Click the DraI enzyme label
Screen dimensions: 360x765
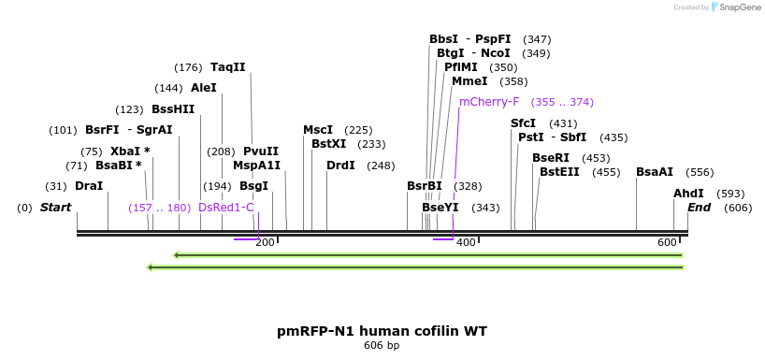coord(89,186)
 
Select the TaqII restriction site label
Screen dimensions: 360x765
coord(228,67)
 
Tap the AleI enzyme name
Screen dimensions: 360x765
coord(204,88)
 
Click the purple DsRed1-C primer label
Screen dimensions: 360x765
coord(225,208)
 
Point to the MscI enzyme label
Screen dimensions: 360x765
coord(318,130)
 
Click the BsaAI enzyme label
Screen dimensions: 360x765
coord(655,172)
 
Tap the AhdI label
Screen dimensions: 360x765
coord(688,194)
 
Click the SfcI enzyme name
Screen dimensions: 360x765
coord(524,123)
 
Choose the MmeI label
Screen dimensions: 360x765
coord(469,81)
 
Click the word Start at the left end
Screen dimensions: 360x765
coord(55,208)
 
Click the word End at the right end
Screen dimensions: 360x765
coord(699,208)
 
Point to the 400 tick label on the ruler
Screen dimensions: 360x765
coord(466,243)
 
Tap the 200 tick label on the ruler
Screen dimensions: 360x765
coord(265,243)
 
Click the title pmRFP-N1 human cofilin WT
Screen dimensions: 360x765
coord(382,331)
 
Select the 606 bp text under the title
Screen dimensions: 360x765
coord(382,346)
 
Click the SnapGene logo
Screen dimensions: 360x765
coord(733,7)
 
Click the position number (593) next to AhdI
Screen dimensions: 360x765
coord(730,194)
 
